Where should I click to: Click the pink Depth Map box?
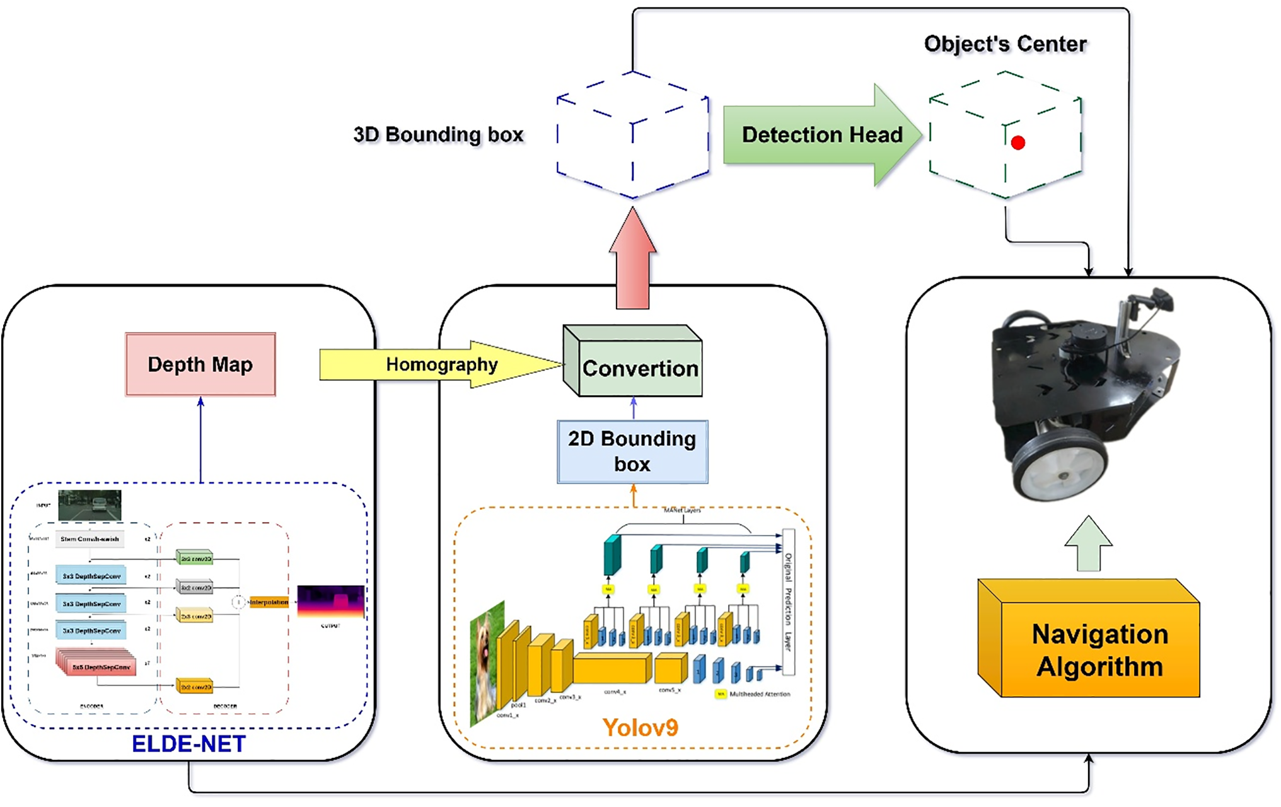coord(200,364)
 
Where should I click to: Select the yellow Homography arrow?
coord(441,364)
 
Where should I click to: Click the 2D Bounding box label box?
coord(632,451)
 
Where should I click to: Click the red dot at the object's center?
coord(1017,143)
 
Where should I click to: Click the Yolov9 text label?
coord(640,728)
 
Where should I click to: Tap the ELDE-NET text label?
coord(188,744)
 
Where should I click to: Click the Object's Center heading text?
coord(1005,44)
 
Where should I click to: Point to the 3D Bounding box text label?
coord(438,134)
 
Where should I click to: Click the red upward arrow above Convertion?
coord(632,262)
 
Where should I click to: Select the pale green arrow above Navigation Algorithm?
coord(1088,544)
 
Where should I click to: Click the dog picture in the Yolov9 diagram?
coord(487,662)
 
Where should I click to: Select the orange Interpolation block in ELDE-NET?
coord(269,602)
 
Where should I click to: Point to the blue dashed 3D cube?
coord(632,135)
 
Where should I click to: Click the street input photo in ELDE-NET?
coord(90,505)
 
